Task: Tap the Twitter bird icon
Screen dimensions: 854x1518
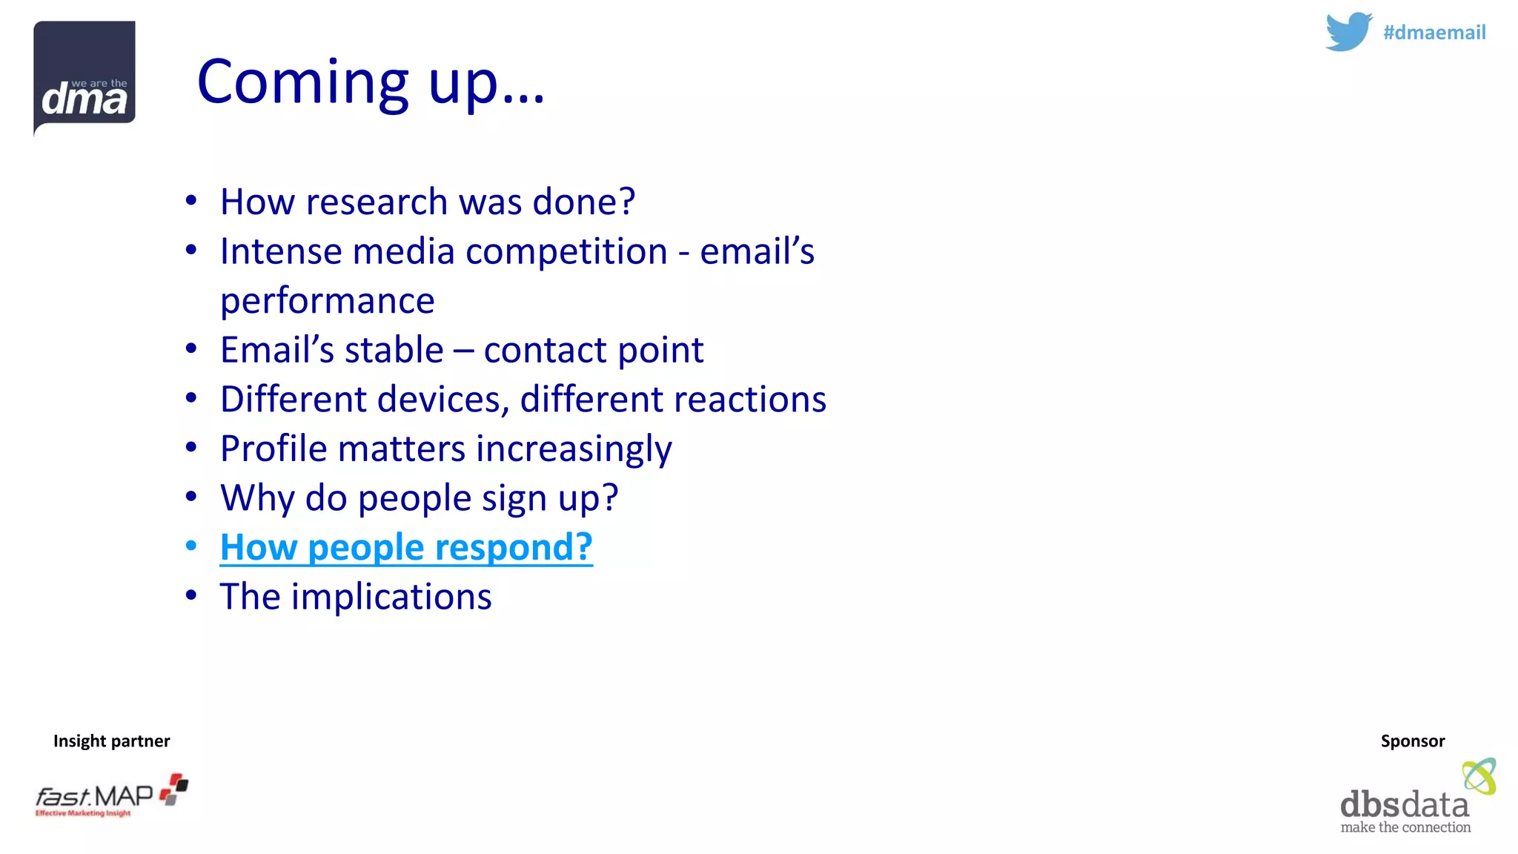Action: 1348,32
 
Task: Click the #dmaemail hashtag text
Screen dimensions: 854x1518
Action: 1434,33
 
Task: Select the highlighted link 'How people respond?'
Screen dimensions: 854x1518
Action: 406,547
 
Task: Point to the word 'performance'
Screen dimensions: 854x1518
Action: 327,301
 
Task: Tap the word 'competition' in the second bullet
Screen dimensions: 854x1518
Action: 566,251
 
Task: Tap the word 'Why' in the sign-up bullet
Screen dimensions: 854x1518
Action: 257,498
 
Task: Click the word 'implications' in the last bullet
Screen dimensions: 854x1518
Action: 391,597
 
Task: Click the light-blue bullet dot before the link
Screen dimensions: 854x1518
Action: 191,546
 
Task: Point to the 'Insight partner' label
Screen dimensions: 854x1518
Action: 111,741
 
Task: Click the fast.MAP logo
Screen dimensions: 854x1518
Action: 111,795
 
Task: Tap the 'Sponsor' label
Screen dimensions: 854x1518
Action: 1412,741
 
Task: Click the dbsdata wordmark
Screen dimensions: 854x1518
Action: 1404,804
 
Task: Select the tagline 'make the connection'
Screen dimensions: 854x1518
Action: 1405,827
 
